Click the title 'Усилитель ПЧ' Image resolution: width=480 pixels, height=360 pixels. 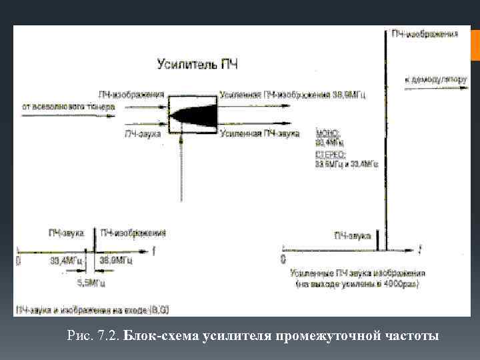tap(197, 65)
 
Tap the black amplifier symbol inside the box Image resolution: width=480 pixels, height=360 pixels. tap(193, 114)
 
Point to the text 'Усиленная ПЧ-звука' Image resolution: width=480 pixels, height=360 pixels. tap(257, 134)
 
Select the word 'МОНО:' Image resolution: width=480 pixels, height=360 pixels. tap(327, 134)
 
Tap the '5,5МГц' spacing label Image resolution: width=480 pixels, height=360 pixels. tap(91, 282)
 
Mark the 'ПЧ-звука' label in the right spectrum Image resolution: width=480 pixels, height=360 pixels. tap(353, 235)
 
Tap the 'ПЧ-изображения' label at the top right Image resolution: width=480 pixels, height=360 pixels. tap(425, 33)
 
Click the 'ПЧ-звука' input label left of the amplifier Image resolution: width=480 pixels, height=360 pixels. tap(144, 133)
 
